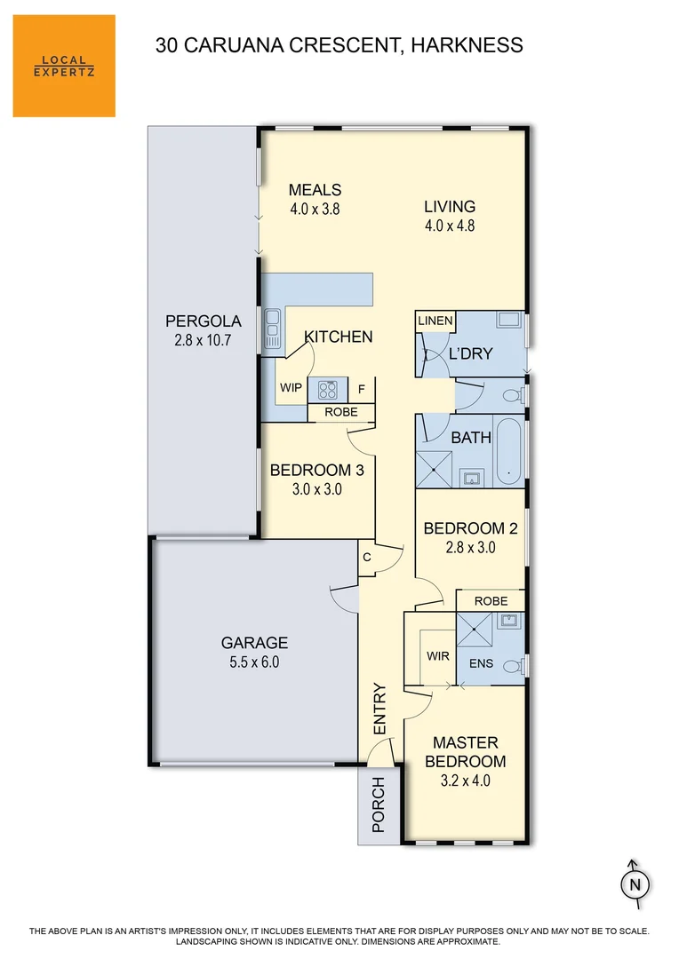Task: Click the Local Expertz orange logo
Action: (64, 66)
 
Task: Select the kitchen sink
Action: (271, 328)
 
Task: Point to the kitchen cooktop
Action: (327, 390)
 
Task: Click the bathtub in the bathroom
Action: (508, 450)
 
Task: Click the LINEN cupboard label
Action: (435, 321)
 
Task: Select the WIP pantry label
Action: (291, 388)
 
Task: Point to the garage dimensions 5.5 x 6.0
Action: (254, 662)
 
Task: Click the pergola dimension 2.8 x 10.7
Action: (204, 340)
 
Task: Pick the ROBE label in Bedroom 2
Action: (491, 601)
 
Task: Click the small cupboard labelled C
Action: (366, 558)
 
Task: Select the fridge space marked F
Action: (361, 389)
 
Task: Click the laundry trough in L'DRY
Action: (509, 321)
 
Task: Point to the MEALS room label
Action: (315, 190)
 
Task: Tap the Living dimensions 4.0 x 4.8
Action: (449, 226)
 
